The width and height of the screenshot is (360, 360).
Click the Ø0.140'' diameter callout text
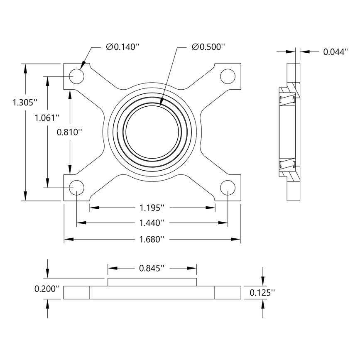pyautogui.click(x=122, y=47)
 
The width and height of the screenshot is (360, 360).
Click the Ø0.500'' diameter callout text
pyautogui.click(x=208, y=47)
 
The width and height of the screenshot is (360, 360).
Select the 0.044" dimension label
pyautogui.click(x=335, y=52)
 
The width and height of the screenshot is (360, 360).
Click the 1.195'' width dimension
pyautogui.click(x=152, y=207)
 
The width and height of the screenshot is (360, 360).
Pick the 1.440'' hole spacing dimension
pyautogui.click(x=152, y=223)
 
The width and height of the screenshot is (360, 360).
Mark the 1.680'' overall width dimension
pyautogui.click(x=152, y=239)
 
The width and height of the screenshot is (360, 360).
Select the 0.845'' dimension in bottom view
pyautogui.click(x=152, y=268)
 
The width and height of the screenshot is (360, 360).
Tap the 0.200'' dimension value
pyautogui.click(x=47, y=288)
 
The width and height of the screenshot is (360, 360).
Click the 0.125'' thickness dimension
pyautogui.click(x=262, y=293)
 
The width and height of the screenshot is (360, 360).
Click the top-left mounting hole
pyautogui.click(x=77, y=77)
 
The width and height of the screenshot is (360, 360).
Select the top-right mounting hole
pyautogui.click(x=228, y=77)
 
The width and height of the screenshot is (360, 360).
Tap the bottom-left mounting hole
pyautogui.click(x=77, y=187)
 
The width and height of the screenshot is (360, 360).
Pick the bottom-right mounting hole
pyautogui.click(x=228, y=187)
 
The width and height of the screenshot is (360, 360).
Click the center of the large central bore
pyautogui.click(x=152, y=132)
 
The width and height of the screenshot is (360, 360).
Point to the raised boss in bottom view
pyautogui.click(x=152, y=282)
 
